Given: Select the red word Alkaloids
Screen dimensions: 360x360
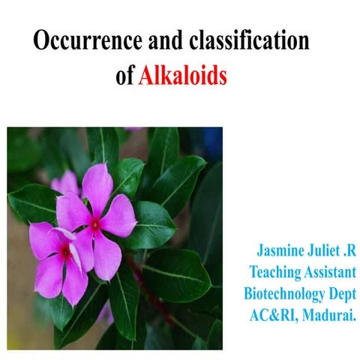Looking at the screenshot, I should pos(182,76).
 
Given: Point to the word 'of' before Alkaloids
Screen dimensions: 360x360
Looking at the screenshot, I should pos(124,76).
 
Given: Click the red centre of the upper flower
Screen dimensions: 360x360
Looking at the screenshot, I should pos(95,222).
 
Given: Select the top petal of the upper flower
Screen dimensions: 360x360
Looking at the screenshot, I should pos(97,186).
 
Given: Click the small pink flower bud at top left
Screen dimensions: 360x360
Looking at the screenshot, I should pos(66,181).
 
